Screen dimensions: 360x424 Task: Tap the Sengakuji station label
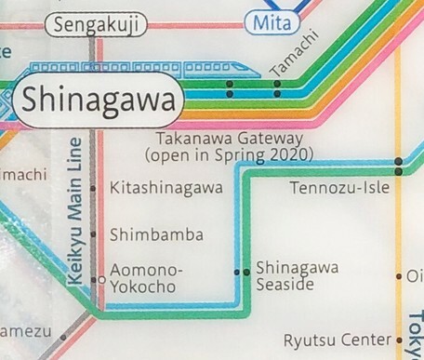pyautogui.click(x=96, y=25)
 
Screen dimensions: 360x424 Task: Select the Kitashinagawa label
pyautogui.click(x=166, y=189)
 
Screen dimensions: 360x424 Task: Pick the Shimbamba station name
pyautogui.click(x=156, y=234)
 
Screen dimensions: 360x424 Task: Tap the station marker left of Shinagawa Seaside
pyautogui.click(x=240, y=273)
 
